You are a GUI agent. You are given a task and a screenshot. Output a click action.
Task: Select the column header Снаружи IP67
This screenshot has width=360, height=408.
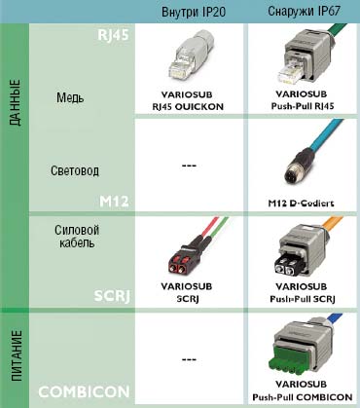pos(300,11)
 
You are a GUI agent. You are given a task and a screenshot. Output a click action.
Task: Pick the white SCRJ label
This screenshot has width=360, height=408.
pos(110,292)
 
